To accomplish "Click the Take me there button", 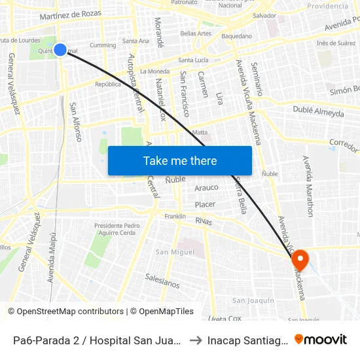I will [180, 161].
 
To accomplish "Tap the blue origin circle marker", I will [60, 49].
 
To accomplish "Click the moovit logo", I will [321, 339].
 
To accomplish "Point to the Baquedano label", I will [236, 36].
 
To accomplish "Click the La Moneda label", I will [154, 71].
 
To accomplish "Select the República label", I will [108, 84].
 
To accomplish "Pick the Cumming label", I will [103, 45].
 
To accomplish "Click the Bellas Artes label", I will [196, 33].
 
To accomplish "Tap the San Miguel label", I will [175, 252].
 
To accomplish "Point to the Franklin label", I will [175, 216].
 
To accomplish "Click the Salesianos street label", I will [162, 281].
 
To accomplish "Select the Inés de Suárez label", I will [335, 43].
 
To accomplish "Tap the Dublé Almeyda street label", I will [318, 111].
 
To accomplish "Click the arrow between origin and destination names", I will [196, 340].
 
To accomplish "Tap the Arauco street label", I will [207, 188].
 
